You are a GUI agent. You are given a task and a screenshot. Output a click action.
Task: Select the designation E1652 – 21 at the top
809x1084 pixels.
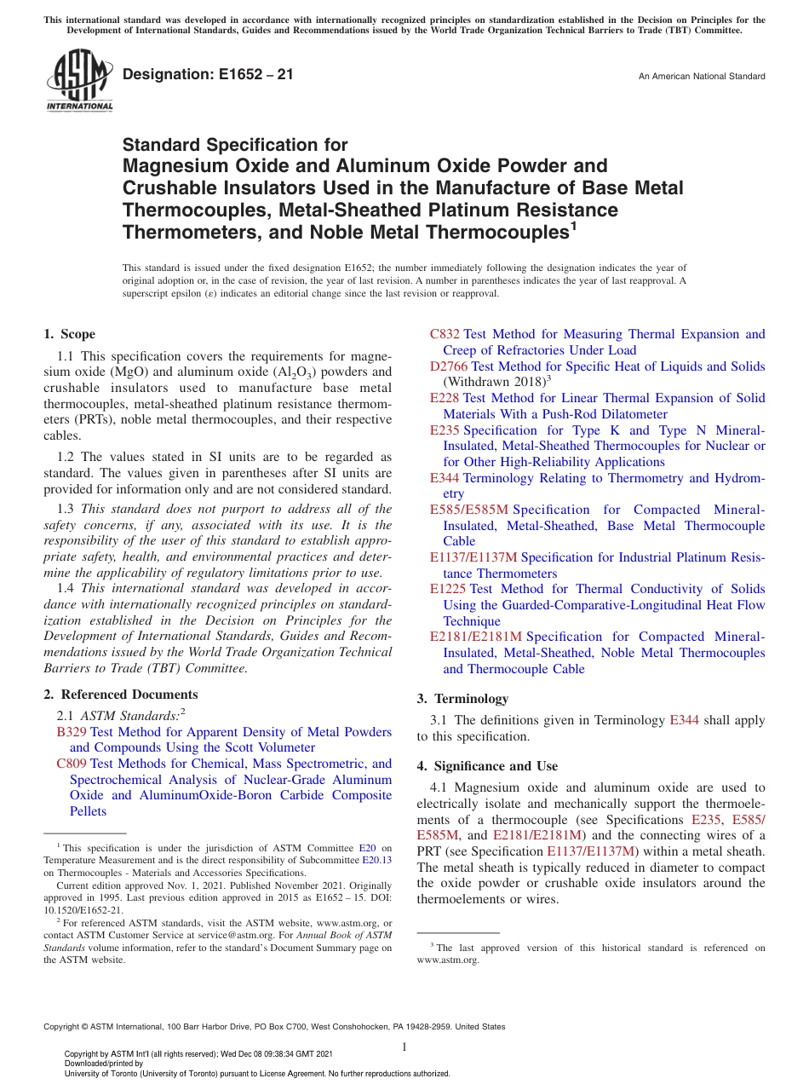click(208, 75)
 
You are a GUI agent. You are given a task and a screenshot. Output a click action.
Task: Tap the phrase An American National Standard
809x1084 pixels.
click(702, 77)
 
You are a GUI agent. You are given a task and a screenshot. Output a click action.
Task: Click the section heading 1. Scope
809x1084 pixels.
click(69, 334)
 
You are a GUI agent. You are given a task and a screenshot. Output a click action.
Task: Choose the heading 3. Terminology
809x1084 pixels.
click(462, 699)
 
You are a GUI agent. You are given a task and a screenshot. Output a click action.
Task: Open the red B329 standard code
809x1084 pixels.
click(72, 732)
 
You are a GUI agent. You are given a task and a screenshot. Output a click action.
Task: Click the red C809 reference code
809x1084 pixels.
click(72, 764)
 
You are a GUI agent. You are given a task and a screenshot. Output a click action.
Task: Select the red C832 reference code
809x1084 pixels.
click(445, 334)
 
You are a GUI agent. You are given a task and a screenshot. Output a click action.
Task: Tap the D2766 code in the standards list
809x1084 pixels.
click(449, 366)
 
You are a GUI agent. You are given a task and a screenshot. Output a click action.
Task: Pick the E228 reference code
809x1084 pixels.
click(445, 398)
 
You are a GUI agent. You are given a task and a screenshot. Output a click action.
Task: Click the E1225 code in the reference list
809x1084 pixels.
click(448, 589)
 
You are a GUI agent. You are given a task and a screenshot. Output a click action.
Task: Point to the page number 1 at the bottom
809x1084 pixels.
click(404, 1047)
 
